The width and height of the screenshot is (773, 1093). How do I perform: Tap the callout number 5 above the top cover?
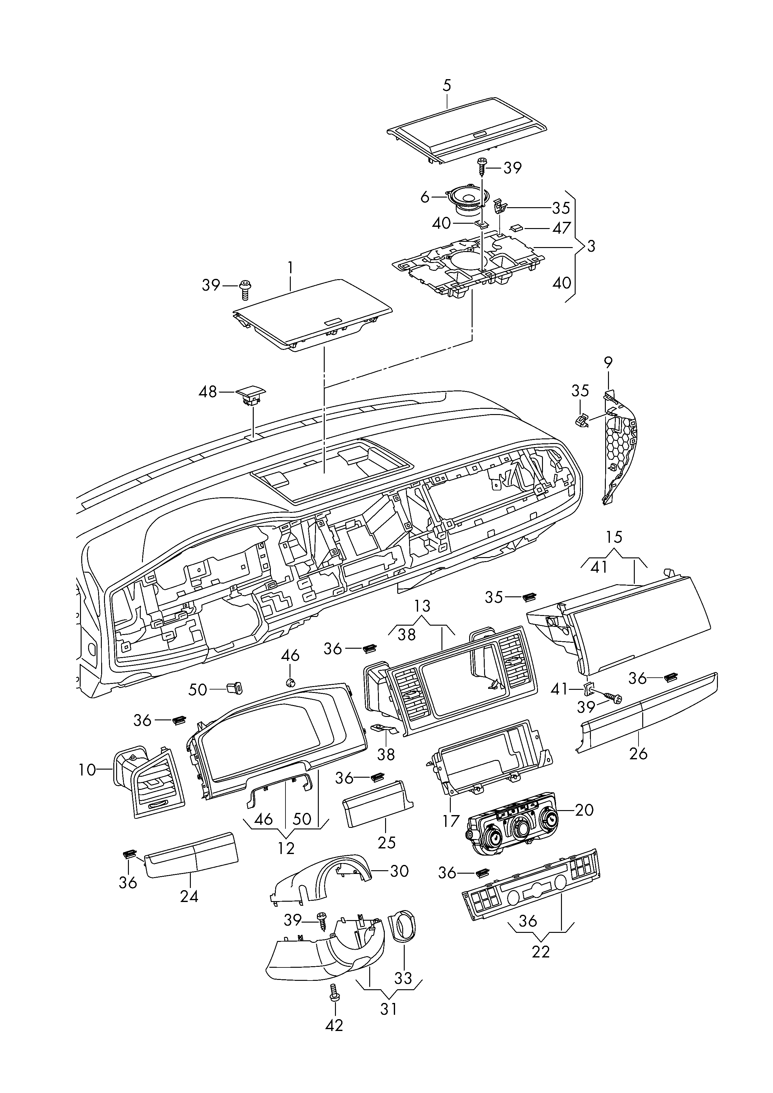click(x=446, y=86)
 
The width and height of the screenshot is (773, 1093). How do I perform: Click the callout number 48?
click(x=208, y=392)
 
